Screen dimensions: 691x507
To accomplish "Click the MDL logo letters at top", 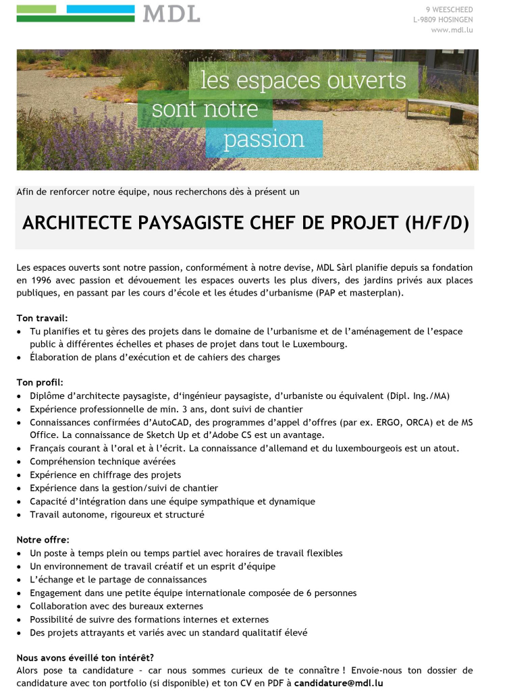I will tap(171, 13).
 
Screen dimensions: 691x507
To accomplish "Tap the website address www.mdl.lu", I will tap(452, 30).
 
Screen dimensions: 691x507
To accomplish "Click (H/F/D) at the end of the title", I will tap(436, 223).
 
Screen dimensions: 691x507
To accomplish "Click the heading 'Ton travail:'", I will tap(42, 317).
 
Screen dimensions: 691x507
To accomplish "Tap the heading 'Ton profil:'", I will tap(40, 383).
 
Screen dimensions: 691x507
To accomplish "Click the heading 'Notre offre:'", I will tap(43, 540).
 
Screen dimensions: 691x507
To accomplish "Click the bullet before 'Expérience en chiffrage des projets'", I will tap(20, 475).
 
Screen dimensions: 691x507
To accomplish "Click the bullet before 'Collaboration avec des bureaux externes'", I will tap(20, 607).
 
